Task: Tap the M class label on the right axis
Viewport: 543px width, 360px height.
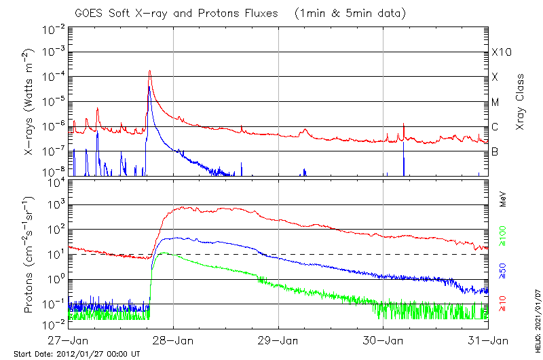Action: pos(495,102)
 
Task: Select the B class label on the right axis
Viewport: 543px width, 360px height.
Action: pos(495,151)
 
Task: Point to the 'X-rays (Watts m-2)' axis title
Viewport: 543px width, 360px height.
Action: pos(30,103)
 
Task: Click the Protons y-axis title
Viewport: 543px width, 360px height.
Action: pos(30,254)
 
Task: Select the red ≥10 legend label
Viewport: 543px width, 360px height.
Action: pos(503,305)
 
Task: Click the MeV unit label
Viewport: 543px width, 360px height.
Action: pos(503,199)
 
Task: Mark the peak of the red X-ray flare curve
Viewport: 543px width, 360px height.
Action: pos(149,71)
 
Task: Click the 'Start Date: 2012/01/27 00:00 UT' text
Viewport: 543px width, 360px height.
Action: pos(77,354)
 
